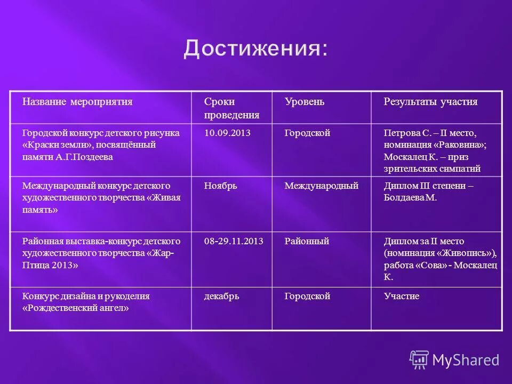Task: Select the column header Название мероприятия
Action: [x=77, y=102]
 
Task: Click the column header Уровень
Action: [x=304, y=102]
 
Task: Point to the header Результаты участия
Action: [x=430, y=102]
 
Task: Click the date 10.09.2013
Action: [x=227, y=133]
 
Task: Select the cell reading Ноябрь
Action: [x=220, y=186]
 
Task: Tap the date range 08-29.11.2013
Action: [x=234, y=241]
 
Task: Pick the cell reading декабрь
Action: [x=221, y=296]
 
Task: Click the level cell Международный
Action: [x=321, y=186]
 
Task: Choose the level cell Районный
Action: [x=307, y=241]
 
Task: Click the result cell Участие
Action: [x=402, y=296]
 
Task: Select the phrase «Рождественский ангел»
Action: [x=76, y=308]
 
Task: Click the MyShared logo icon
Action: [x=419, y=359]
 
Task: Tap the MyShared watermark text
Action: [x=466, y=360]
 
